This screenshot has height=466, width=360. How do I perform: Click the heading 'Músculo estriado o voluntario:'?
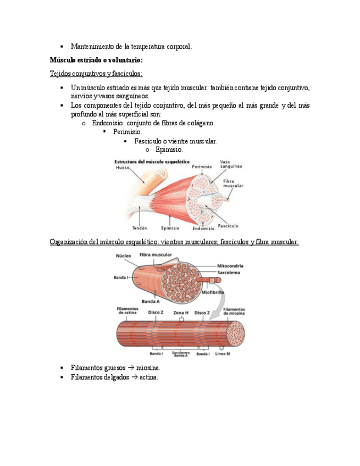pyautogui.click(x=96, y=60)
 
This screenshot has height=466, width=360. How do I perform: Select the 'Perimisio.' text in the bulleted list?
pyautogui.click(x=128, y=132)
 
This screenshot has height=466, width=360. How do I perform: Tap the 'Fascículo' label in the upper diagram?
pyautogui.click(x=228, y=225)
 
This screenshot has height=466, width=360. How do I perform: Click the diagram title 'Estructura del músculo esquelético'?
pyautogui.click(x=152, y=162)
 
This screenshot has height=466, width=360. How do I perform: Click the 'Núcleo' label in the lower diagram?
pyautogui.click(x=123, y=256)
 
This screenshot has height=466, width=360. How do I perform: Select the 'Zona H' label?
pyautogui.click(x=181, y=312)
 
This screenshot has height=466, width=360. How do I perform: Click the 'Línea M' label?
pyautogui.click(x=223, y=353)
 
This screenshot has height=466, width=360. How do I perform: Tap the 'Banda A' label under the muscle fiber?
pyautogui.click(x=151, y=302)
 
